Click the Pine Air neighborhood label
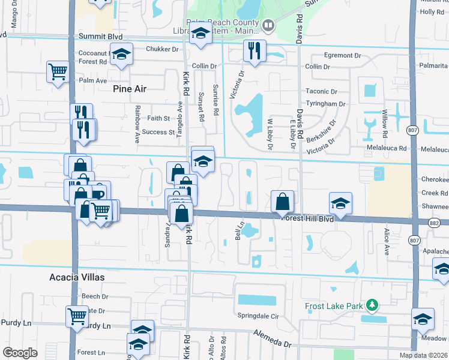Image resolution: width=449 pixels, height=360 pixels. (x=130, y=89)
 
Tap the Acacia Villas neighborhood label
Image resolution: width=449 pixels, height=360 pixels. (x=77, y=277)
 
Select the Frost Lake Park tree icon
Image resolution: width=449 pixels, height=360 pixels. (x=373, y=306)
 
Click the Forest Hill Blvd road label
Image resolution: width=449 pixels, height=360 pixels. (x=307, y=219)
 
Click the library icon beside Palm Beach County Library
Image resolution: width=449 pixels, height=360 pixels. (x=268, y=25)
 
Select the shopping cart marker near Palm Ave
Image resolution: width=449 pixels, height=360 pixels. (x=58, y=72)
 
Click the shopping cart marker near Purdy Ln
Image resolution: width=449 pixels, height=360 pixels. (x=77, y=316)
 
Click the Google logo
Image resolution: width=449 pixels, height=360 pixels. (x=20, y=353)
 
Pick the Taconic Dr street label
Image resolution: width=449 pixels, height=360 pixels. (x=321, y=92)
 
